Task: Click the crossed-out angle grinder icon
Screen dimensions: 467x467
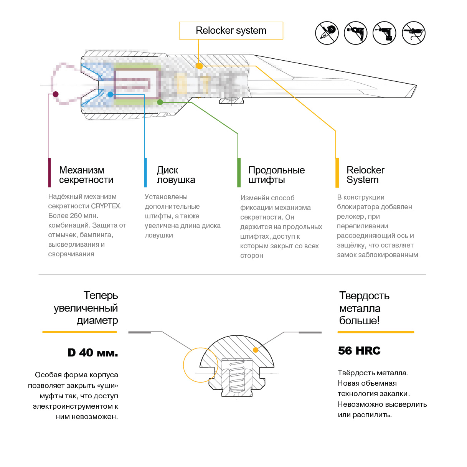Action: [x=327, y=33]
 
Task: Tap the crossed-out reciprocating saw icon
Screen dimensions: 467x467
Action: [x=414, y=33]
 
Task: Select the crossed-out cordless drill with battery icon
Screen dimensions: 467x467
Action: [x=384, y=33]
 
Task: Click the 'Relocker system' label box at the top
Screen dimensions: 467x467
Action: [x=231, y=31]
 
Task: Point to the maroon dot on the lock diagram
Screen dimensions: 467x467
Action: [x=56, y=94]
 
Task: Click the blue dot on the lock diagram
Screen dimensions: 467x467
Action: [x=111, y=94]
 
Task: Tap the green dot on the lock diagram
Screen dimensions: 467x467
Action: [x=160, y=102]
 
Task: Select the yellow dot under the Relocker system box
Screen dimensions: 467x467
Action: [x=199, y=66]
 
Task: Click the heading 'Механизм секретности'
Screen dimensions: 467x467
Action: [x=86, y=175]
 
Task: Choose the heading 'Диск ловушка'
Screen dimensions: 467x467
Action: [x=176, y=175]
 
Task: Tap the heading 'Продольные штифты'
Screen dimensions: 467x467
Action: [x=276, y=175]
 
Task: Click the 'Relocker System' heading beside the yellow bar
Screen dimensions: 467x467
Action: [x=365, y=175]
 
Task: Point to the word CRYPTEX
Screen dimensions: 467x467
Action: [x=106, y=206]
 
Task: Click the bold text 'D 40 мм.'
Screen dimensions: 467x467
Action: [x=93, y=353]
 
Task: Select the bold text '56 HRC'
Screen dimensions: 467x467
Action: [x=359, y=351]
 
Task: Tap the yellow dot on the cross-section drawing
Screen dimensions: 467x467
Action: [x=256, y=350]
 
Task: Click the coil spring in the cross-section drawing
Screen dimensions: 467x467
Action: [x=237, y=378]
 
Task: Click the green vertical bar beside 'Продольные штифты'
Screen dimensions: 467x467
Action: [x=239, y=173]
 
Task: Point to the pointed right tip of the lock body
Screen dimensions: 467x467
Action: [x=416, y=86]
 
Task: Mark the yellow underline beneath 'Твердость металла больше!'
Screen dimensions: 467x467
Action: [x=376, y=332]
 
